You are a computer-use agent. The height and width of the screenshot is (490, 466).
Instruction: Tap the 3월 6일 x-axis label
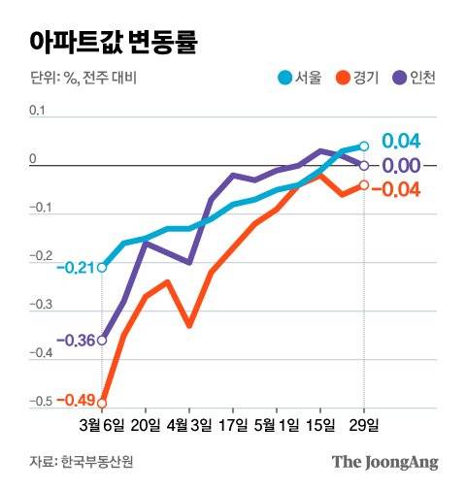click(x=103, y=424)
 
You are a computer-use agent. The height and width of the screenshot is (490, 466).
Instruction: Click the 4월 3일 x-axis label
click(x=190, y=424)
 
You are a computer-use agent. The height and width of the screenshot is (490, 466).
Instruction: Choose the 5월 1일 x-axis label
click(x=277, y=424)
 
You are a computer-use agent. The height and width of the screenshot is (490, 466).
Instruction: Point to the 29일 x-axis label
click(x=365, y=424)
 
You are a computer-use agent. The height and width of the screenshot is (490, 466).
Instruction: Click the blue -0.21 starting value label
click(x=75, y=267)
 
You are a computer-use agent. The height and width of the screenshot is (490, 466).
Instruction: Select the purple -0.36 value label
click(x=75, y=341)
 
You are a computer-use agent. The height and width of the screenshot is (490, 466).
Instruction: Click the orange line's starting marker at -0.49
click(x=102, y=403)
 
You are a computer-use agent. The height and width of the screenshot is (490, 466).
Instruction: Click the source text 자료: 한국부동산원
click(x=75, y=461)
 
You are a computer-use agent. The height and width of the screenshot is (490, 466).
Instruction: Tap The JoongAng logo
click(x=385, y=461)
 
